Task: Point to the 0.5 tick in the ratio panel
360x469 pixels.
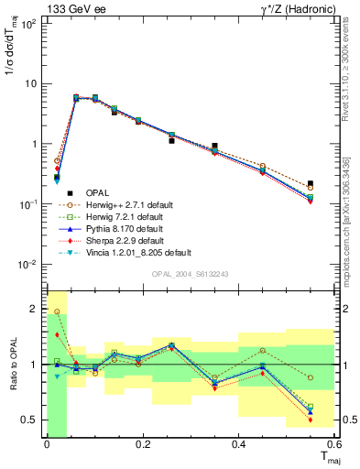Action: [33, 420]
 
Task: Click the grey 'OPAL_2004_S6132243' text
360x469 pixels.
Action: [191, 274]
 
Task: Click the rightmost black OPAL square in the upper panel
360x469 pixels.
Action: [335, 184]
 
